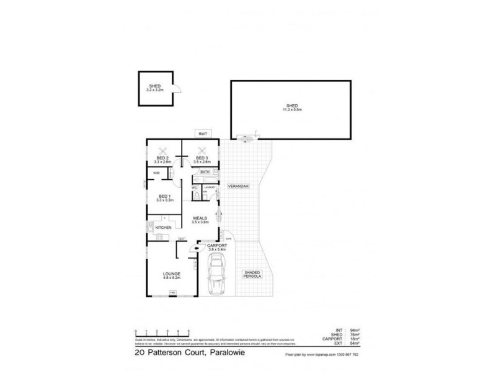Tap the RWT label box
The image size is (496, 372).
201,134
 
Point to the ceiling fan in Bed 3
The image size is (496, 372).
201,149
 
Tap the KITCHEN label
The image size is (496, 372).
163,229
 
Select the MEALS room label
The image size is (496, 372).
200,218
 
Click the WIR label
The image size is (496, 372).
157,174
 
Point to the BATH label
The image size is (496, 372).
205,171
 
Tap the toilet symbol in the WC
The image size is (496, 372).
196,195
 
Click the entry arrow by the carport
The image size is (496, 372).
197,248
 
